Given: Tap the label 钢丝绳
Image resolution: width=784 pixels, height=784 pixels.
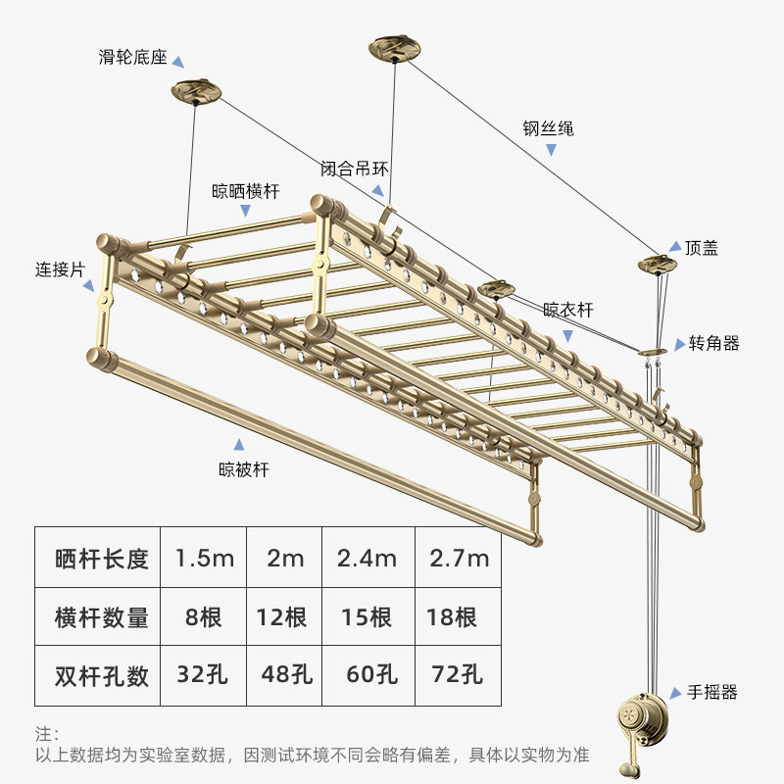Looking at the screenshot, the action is coord(548,128).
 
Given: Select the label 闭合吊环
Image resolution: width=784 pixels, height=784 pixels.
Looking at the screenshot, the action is coord(354,169).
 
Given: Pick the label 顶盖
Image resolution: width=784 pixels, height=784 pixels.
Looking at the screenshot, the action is coord(702,248).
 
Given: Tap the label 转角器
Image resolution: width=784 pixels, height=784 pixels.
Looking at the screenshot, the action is coord(713,343).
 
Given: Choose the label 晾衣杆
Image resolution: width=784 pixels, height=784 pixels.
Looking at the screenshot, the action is coord(568,311).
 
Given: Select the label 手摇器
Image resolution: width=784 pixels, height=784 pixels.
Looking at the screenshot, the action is coord(711,692).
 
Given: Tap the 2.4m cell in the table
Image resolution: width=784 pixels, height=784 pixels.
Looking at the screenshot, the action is coord(367,559).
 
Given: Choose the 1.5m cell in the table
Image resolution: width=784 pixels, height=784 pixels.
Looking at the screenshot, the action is coord(204,559).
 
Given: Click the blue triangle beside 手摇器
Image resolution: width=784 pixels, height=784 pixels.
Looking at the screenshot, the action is coord(675,692).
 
